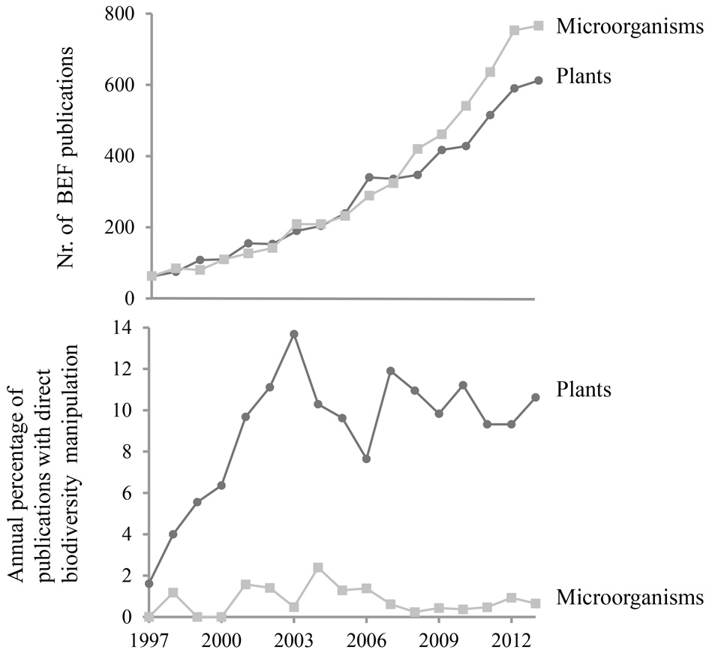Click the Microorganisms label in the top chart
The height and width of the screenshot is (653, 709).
coord(629,27)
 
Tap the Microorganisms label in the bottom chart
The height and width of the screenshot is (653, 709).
coord(629,597)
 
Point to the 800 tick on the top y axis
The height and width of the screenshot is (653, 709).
coord(122,14)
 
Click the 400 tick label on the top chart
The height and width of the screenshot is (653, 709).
coord(122,156)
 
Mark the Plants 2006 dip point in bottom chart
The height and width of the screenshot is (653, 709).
coord(366,459)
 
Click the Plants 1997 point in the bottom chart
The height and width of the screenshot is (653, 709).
coord(150,583)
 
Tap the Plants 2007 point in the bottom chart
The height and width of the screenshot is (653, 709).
coord(390,371)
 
